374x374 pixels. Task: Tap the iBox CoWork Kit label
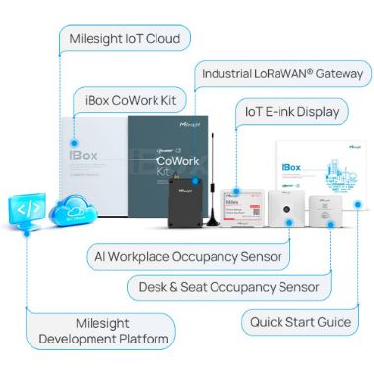[134, 99]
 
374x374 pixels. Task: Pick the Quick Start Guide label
[301, 321]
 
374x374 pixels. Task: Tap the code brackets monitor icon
[27, 208]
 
